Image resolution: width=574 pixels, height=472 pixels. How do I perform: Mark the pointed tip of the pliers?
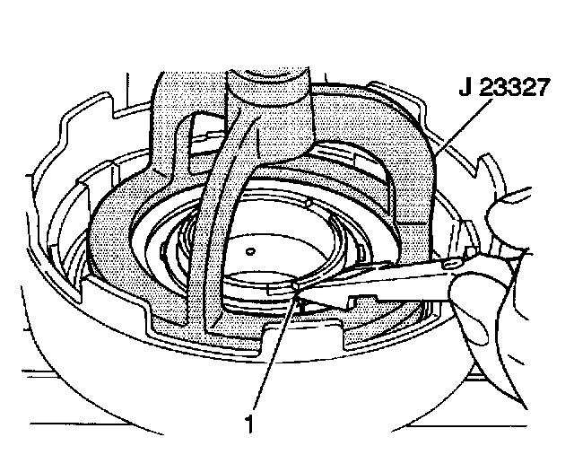point(296,286)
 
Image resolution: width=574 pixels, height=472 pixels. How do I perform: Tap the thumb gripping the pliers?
point(502,215)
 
